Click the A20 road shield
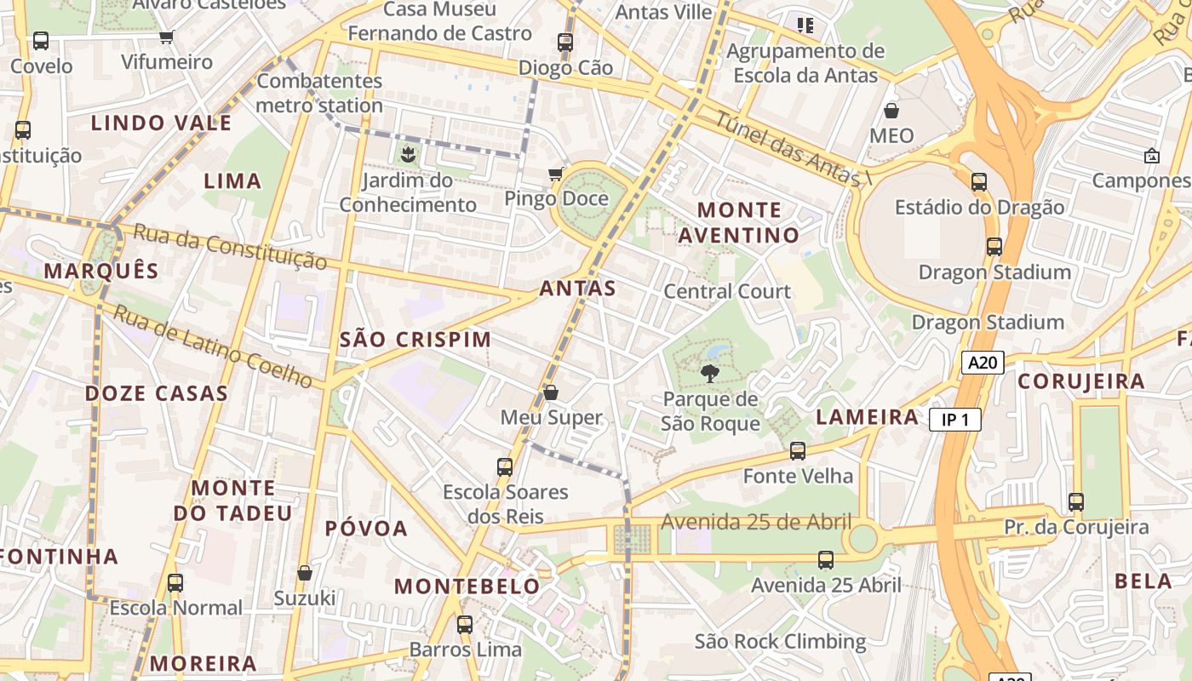(x=983, y=363)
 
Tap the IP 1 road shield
(x=954, y=420)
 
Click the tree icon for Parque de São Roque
(x=709, y=373)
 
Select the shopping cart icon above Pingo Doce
(x=556, y=174)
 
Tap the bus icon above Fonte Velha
(x=798, y=450)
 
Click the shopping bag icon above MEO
(x=891, y=111)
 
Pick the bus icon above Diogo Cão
(x=565, y=42)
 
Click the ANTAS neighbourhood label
(x=577, y=289)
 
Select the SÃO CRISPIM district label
(x=415, y=340)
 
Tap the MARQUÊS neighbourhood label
(x=101, y=272)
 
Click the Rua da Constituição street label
(x=231, y=247)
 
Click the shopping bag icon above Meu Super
(x=551, y=392)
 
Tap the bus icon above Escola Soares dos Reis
(x=505, y=466)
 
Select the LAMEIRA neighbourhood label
(x=868, y=417)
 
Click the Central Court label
(x=727, y=291)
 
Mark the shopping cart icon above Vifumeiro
(x=166, y=37)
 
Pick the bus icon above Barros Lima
(x=465, y=624)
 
